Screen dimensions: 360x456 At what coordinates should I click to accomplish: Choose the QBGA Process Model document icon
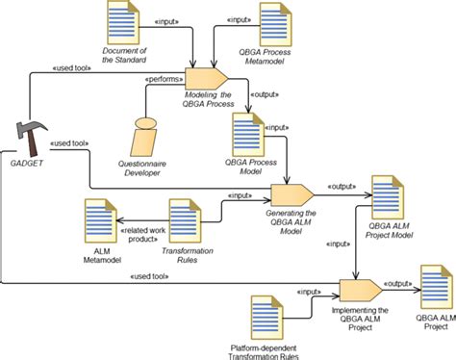click(244, 130)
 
